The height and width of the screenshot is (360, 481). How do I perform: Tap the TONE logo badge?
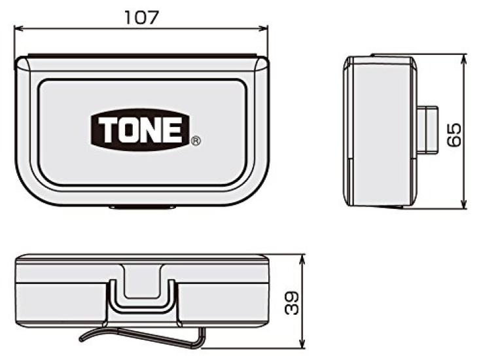139,129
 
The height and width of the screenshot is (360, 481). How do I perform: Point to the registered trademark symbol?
196,140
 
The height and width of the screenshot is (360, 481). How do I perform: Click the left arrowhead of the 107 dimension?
18,28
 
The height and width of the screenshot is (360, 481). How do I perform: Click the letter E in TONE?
173,130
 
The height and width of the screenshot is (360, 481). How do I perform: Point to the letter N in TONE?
151,130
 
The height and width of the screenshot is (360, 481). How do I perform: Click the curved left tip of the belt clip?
84,338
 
